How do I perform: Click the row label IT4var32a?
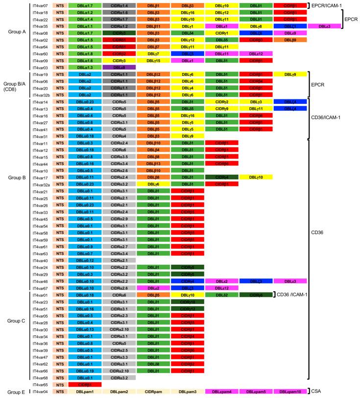click(x=40, y=184)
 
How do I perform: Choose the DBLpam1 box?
click(x=85, y=392)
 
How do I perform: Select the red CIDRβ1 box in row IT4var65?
click(x=85, y=385)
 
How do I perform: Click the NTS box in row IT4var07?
click(x=60, y=5)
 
